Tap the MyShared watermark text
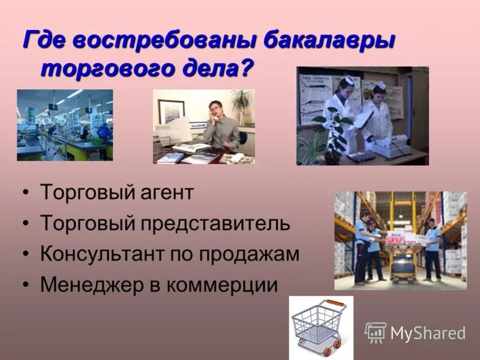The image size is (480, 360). click(427, 334)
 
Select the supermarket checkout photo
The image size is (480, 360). click(65, 125)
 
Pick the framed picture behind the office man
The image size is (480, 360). click(172, 112)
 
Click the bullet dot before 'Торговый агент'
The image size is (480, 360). click(26, 194)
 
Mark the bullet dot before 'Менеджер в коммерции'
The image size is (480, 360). click(26, 284)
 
